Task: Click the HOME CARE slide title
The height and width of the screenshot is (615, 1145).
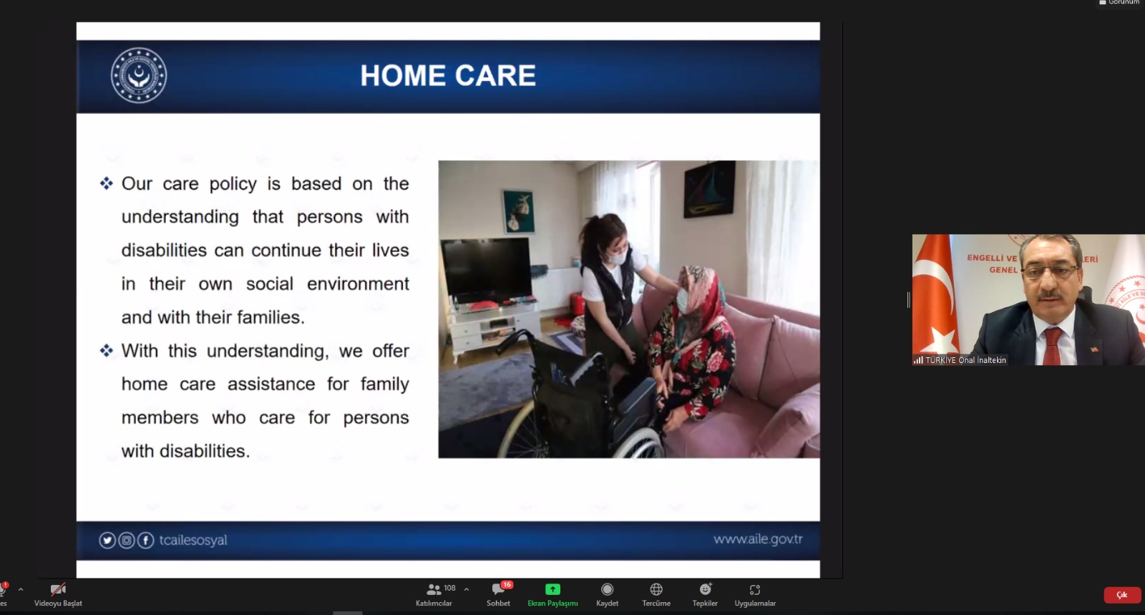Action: [448, 76]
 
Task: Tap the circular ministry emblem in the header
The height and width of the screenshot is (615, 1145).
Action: [139, 76]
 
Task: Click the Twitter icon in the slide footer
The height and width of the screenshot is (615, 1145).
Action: [107, 541]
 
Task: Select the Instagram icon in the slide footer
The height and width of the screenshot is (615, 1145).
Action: [126, 541]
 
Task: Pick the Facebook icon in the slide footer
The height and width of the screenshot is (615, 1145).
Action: [146, 541]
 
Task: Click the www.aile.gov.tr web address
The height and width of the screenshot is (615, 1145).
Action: [758, 539]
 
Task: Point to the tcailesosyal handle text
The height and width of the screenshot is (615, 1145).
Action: [193, 541]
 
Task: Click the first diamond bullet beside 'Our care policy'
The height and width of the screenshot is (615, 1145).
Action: [107, 183]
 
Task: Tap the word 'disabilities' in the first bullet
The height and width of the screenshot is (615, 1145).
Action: [164, 251]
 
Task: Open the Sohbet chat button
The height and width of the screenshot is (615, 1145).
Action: [498, 595]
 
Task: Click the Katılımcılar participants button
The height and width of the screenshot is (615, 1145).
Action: [434, 595]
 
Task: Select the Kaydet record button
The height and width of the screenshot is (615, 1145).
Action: [608, 595]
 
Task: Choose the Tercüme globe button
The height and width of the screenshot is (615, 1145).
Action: [656, 595]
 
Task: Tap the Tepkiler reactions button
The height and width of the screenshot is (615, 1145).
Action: [705, 595]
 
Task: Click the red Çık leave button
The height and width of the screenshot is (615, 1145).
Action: [1122, 595]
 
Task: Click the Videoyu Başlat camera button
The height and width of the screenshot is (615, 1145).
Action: [58, 595]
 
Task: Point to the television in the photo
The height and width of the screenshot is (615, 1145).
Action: [486, 271]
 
